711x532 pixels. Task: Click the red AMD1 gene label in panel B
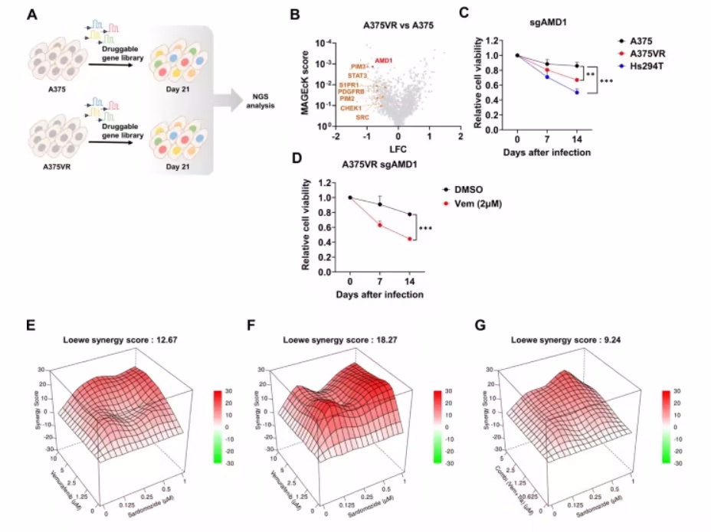385,60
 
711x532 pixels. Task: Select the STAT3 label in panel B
358,76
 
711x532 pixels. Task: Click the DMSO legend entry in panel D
466,188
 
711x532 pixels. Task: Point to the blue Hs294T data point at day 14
577,92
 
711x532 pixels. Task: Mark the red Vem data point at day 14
410,239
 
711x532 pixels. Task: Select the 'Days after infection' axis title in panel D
379,294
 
